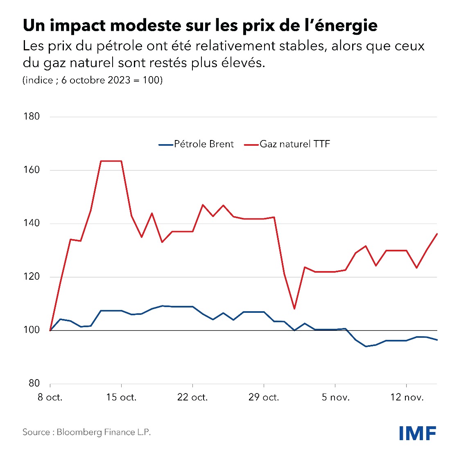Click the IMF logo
418,433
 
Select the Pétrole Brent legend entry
196,144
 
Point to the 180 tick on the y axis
32,117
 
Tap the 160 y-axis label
32,170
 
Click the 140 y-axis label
32,223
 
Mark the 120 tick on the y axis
32,277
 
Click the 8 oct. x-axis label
50,397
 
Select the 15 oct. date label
121,397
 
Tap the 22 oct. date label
192,397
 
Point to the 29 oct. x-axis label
264,397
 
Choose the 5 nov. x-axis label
335,397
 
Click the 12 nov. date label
407,397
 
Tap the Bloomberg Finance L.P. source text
104,432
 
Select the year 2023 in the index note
119,80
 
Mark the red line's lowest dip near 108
294,309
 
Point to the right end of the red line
437,234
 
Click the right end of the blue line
437,340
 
